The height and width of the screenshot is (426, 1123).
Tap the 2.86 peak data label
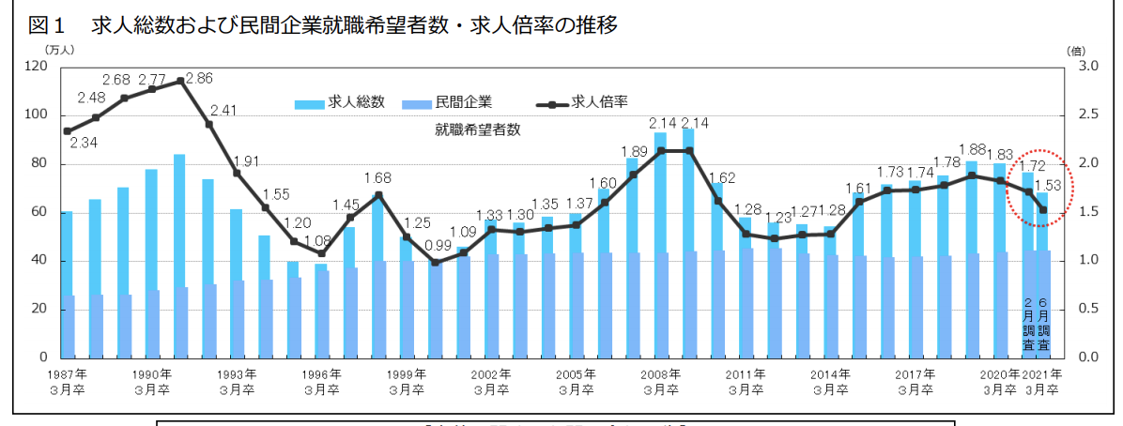click(199, 79)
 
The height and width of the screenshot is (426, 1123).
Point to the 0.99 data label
click(437, 245)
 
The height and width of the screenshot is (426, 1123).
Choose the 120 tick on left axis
click(37, 66)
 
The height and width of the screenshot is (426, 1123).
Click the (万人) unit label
click(60, 50)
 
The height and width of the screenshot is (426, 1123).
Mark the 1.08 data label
click(320, 239)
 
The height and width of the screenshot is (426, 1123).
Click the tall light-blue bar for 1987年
click(66, 281)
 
